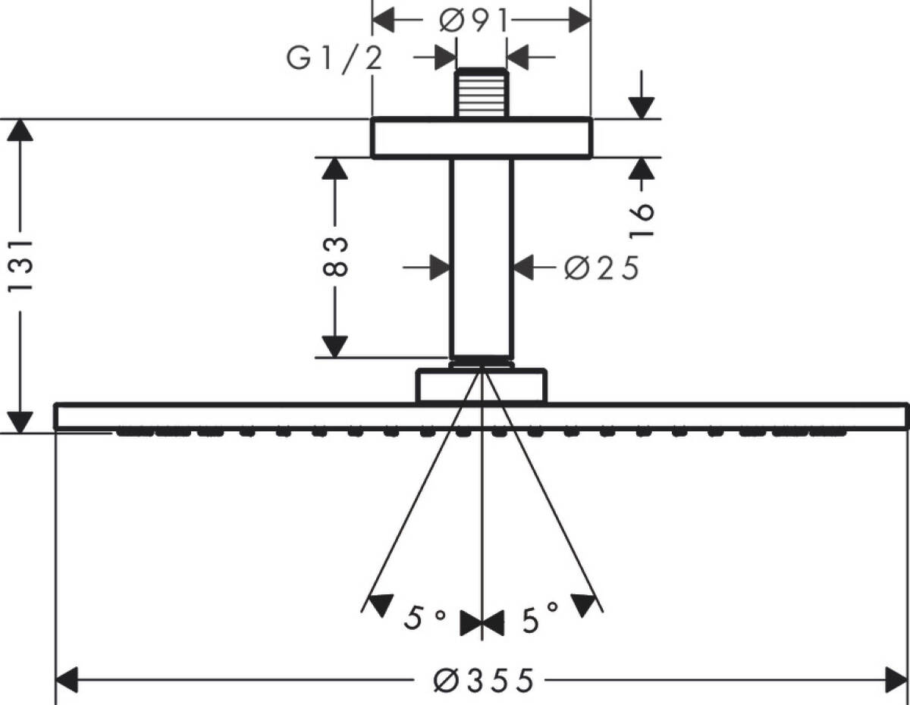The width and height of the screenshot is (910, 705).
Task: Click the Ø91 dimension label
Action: [473, 21]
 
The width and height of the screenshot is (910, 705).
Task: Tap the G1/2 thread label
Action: [334, 59]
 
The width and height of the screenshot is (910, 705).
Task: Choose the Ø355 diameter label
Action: [483, 680]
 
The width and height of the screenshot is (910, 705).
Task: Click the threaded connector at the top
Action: [482, 93]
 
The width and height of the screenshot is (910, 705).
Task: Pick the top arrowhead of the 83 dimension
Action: [335, 169]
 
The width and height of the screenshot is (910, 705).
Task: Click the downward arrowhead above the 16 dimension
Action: [642, 106]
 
